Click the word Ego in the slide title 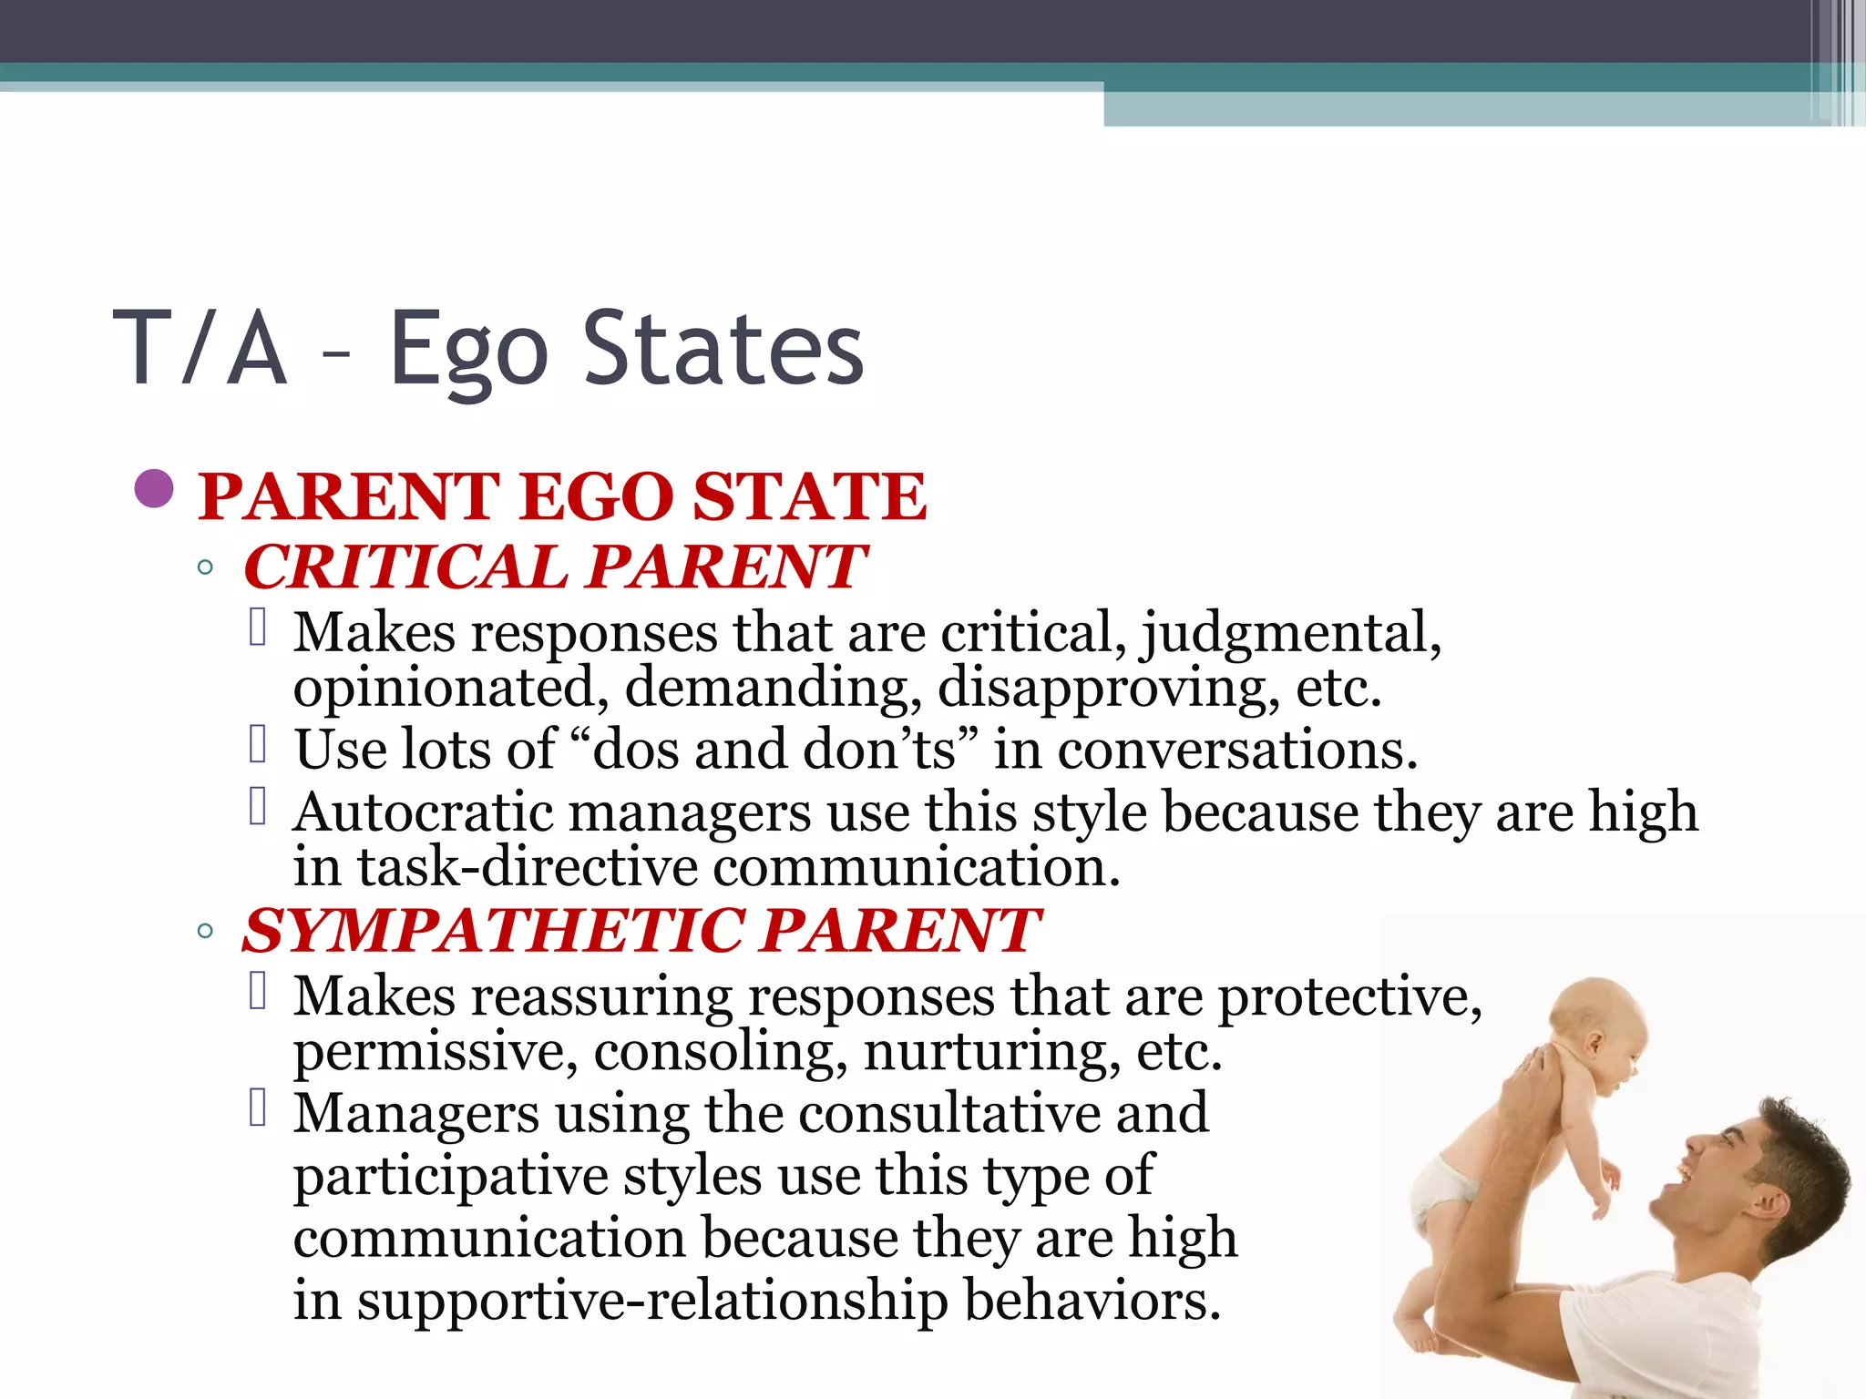pos(468,351)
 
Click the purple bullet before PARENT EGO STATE pos(153,489)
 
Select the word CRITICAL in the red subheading pos(405,567)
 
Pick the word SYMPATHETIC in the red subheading pos(492,931)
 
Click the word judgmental pos(1291,633)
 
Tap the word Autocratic pos(423,812)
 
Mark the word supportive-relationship pos(651,1300)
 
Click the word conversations pos(1236,750)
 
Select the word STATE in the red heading pos(809,497)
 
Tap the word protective pos(1349,996)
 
